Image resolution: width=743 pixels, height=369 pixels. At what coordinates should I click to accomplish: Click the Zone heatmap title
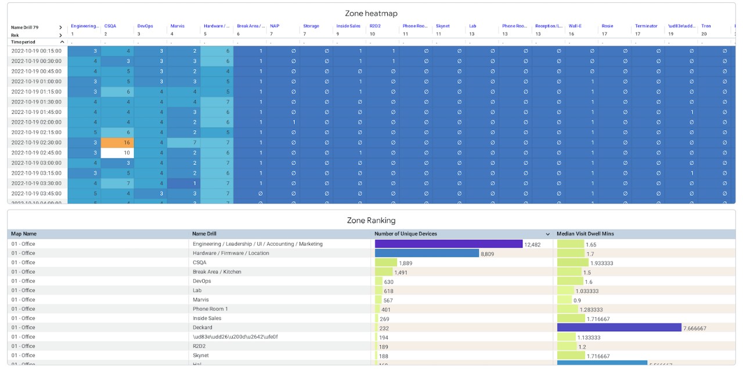point(371,13)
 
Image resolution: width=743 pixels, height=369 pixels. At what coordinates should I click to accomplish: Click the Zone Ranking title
point(371,220)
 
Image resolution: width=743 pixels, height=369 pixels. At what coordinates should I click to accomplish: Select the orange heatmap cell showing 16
point(117,143)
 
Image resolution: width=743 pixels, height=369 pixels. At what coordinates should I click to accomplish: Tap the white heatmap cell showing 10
point(117,153)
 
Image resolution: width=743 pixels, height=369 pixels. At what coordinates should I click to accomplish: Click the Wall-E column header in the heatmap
point(575,26)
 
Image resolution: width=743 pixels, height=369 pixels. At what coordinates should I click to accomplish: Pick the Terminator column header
point(646,26)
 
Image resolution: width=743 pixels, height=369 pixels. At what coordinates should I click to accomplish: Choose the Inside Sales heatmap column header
point(348,26)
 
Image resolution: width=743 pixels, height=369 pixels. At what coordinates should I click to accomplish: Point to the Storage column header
point(311,26)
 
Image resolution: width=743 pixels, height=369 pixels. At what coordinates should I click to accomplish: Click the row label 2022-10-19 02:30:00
point(37,143)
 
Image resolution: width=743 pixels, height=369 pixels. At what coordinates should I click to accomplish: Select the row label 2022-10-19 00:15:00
point(37,51)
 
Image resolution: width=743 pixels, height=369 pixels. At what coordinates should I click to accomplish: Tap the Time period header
point(23,42)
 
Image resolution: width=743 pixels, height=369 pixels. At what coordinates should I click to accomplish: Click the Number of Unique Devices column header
point(406,234)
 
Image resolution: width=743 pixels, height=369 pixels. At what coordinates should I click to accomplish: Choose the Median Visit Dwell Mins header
point(585,234)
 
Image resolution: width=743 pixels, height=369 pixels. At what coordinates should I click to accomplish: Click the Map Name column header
point(24,234)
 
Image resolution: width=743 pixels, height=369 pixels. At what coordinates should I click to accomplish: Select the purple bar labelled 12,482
point(449,244)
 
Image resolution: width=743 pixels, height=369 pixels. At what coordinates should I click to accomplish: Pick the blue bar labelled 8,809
point(427,253)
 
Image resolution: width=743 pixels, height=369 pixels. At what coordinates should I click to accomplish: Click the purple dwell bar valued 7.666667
point(619,328)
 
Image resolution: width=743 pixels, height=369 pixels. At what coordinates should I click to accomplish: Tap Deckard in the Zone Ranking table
point(202,328)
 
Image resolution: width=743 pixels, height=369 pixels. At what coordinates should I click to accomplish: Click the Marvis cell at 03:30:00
point(183,184)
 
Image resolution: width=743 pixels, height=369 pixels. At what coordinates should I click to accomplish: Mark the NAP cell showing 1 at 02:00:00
point(283,122)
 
